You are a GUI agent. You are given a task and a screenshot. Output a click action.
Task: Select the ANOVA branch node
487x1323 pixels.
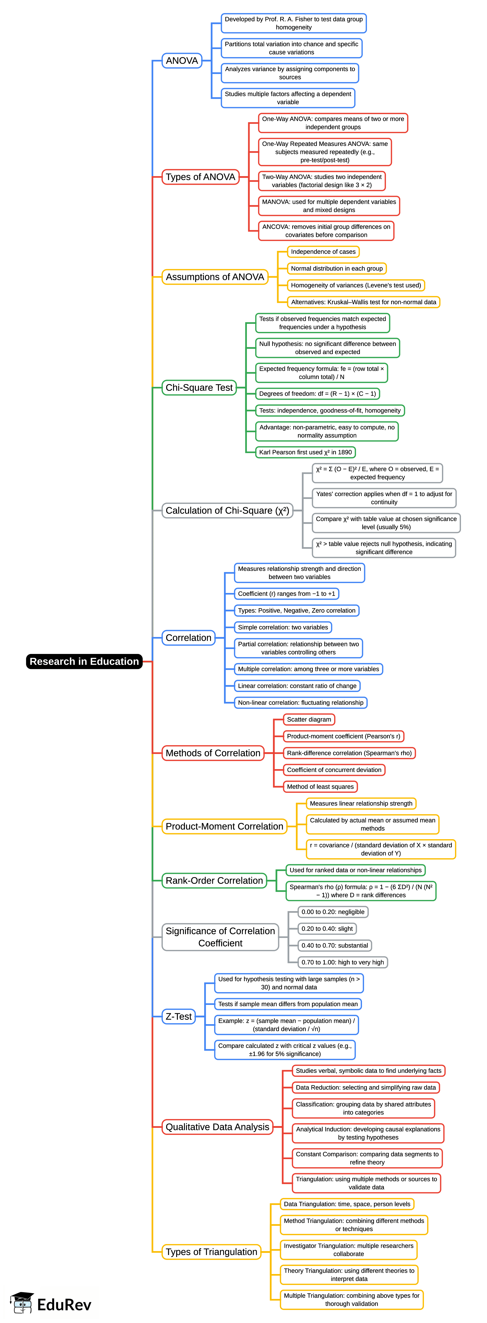pyautogui.click(x=182, y=61)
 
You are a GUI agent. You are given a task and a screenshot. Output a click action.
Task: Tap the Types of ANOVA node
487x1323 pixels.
pyautogui.click(x=200, y=177)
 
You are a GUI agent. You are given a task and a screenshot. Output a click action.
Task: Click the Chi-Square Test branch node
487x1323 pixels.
pyautogui.click(x=199, y=387)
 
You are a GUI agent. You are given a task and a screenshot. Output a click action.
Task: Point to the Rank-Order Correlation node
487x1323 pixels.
pyautogui.click(x=214, y=880)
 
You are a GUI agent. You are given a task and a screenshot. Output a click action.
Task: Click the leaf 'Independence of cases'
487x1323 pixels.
pyautogui.click(x=323, y=252)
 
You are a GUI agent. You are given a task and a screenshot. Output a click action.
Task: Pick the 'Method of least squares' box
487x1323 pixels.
pyautogui.click(x=320, y=786)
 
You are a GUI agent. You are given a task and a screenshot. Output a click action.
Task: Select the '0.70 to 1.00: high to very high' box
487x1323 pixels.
pyautogui.click(x=342, y=962)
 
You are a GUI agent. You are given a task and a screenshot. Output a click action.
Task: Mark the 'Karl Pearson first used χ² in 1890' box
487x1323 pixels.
pyautogui.click(x=305, y=452)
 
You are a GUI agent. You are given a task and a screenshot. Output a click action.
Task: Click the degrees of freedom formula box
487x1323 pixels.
pyautogui.click(x=317, y=393)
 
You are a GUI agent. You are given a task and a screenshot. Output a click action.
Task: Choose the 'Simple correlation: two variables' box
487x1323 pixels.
pyautogui.click(x=283, y=627)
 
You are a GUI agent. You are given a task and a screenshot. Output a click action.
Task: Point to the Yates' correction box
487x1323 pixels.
pyautogui.click(x=384, y=498)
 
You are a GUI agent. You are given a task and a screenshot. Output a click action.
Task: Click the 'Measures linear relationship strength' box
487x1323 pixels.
pyautogui.click(x=361, y=803)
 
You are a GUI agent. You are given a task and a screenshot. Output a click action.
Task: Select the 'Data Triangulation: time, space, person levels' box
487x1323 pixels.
pyautogui.click(x=347, y=1204)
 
